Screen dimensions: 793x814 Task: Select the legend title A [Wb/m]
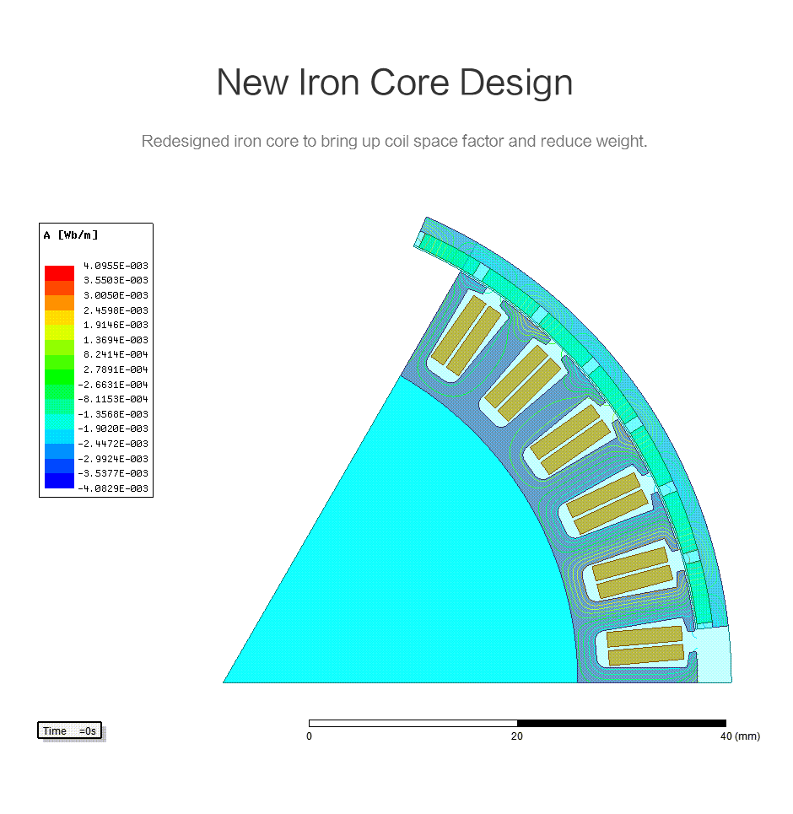click(x=71, y=235)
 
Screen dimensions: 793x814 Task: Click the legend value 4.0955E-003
click(x=116, y=266)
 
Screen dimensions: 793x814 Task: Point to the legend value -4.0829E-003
click(x=113, y=488)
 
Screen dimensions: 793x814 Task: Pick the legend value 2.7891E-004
click(x=116, y=369)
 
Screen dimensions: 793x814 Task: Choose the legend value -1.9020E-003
click(x=113, y=429)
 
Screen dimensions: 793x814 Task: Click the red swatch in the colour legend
click(x=59, y=273)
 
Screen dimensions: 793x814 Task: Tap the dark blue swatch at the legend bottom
click(x=59, y=481)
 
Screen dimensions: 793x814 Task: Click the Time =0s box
click(x=69, y=730)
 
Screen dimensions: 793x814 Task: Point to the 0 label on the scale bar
click(x=309, y=736)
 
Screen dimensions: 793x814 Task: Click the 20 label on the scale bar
click(x=517, y=736)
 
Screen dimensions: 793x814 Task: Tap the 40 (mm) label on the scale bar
click(x=740, y=736)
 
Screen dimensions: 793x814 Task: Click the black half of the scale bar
click(x=622, y=723)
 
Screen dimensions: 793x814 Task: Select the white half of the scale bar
click(x=413, y=723)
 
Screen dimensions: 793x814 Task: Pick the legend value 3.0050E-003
click(x=116, y=295)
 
